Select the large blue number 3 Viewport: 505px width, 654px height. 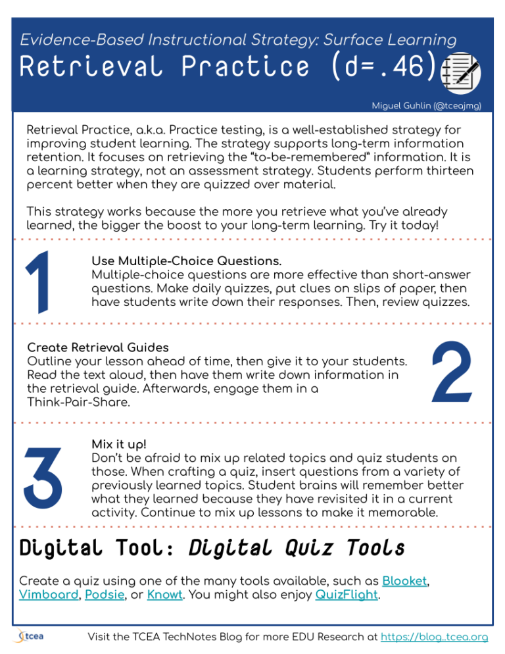(43, 474)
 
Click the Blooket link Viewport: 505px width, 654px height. (404, 581)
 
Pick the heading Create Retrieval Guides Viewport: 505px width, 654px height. (98, 347)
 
